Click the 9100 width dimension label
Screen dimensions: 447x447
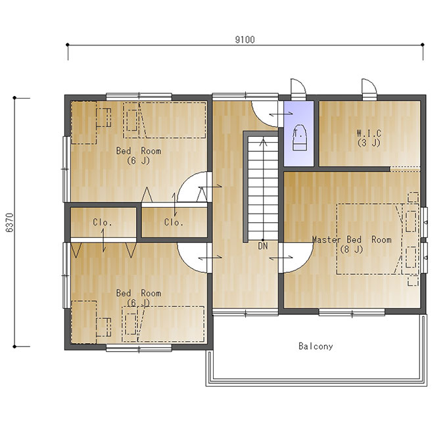pyautogui.click(x=245, y=39)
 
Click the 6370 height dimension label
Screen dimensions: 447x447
pyautogui.click(x=10, y=223)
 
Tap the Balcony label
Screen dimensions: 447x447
pyautogui.click(x=316, y=346)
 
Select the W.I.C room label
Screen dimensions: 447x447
pyautogui.click(x=369, y=133)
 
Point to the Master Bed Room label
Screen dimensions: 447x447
pyautogui.click(x=352, y=239)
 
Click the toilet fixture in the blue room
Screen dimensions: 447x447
pyautogui.click(x=299, y=137)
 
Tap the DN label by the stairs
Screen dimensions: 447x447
pyautogui.click(x=263, y=246)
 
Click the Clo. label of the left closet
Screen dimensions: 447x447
pyautogui.click(x=103, y=222)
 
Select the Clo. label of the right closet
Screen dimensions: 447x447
pyautogui.click(x=174, y=222)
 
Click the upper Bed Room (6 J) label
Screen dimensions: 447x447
pyautogui.click(x=139, y=156)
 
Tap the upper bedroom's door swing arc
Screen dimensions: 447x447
pyautogui.click(x=187, y=183)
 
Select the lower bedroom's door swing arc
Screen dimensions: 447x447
pyautogui.click(x=187, y=262)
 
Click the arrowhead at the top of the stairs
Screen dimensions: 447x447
pyautogui.click(x=264, y=142)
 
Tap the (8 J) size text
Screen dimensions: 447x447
pyautogui.click(x=352, y=249)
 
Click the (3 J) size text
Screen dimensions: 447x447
pyautogui.click(x=369, y=143)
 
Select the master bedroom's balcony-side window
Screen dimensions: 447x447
pyautogui.click(x=352, y=312)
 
